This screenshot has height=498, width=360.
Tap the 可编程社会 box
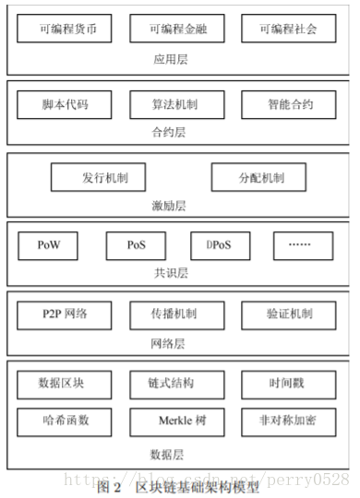tap(286, 29)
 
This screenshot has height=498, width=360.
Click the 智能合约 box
tap(286, 104)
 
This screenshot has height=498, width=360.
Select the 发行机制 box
tap(100, 177)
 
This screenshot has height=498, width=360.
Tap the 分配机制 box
tap(259, 177)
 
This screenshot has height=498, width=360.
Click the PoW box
tap(48, 245)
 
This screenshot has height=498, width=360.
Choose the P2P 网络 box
tap(65, 314)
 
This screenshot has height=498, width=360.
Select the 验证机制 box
tap(286, 314)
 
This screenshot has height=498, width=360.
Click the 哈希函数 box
tap(65, 421)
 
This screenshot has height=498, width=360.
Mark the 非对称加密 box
tap(286, 421)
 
